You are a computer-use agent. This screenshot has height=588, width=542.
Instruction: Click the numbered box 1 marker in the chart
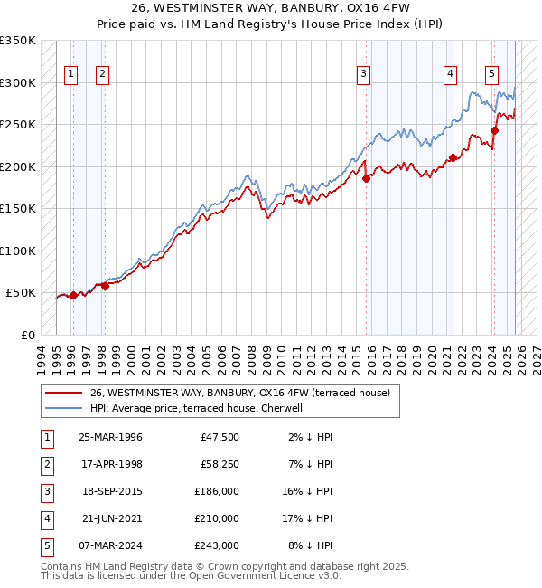click(71, 75)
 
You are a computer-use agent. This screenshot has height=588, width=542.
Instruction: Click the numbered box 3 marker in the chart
click(363, 75)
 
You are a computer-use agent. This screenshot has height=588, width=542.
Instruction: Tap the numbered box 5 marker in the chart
click(491, 75)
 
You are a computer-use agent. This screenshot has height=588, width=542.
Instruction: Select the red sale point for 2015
click(367, 178)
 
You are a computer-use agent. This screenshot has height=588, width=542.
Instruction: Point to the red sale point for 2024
click(494, 130)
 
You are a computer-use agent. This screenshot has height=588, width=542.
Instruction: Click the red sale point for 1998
click(105, 286)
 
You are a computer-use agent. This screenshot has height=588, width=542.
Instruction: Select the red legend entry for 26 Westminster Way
click(239, 393)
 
